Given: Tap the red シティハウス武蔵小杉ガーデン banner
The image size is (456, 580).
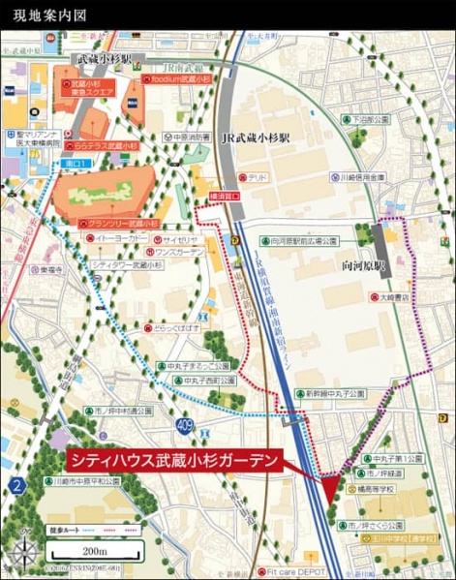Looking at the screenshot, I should point(175,460).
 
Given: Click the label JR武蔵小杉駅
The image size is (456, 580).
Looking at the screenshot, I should point(256,138).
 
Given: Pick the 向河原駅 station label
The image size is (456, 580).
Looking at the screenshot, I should point(364,263).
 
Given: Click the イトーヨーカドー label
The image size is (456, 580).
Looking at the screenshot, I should point(118,237).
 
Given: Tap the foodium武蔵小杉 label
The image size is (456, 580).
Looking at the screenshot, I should point(178,79).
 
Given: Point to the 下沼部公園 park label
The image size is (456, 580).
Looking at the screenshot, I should point(371,119).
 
